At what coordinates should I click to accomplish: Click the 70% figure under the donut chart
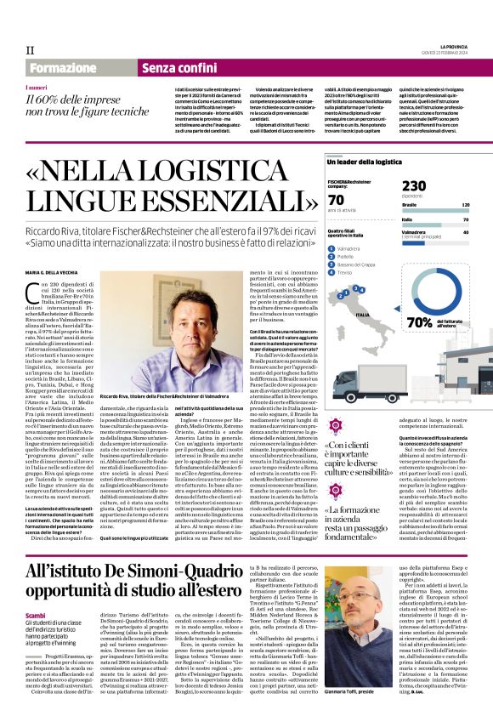pos(421,322)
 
